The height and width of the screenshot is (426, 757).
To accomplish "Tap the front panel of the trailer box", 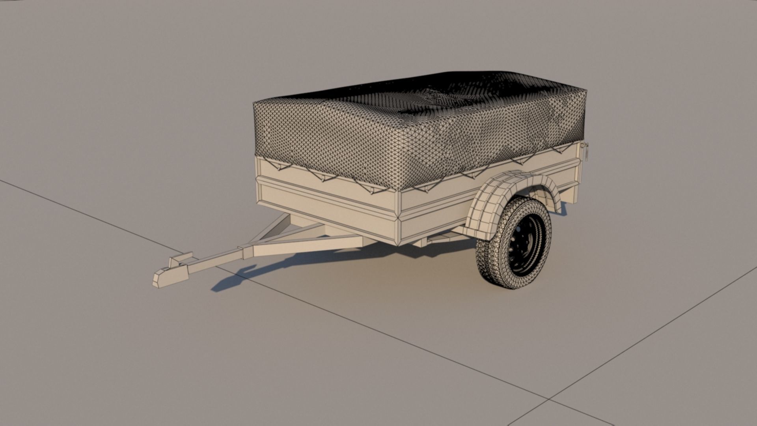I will [x=327, y=201].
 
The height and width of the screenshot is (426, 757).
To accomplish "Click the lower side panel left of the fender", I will [x=438, y=213].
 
